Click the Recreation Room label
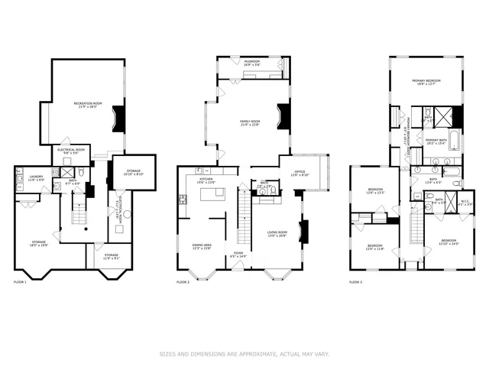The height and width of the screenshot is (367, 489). pyautogui.click(x=88, y=105)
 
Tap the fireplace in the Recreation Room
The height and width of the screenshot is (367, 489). pyautogui.click(x=118, y=119)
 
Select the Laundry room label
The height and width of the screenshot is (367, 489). pyautogui.click(x=35, y=178)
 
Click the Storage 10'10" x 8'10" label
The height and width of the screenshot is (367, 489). pyautogui.click(x=133, y=173)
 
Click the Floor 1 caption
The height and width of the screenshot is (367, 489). pyautogui.click(x=20, y=283)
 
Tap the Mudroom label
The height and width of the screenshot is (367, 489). pyautogui.click(x=252, y=63)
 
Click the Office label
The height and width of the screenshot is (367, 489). pyautogui.click(x=303, y=174)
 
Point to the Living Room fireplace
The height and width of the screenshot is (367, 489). pyautogui.click(x=304, y=231)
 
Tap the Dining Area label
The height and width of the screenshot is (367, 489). pyautogui.click(x=202, y=247)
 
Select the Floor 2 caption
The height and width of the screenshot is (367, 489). pyautogui.click(x=183, y=283)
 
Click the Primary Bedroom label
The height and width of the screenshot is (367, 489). pyautogui.click(x=428, y=82)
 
